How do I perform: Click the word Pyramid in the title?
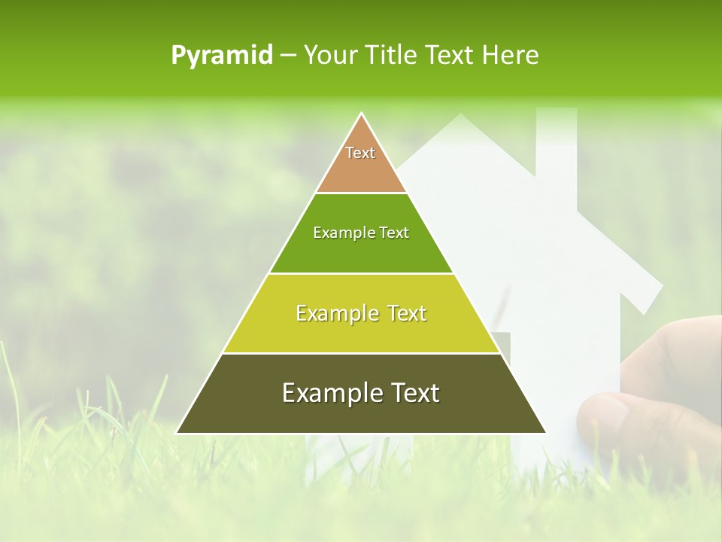pos(222,56)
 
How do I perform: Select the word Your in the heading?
pos(329,56)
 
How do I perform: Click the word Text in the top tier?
pos(360,153)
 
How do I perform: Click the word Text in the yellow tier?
pos(401,313)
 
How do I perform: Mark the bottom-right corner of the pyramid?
pos(545,432)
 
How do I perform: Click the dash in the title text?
pos(288,56)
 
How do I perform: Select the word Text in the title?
pos(450,56)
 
